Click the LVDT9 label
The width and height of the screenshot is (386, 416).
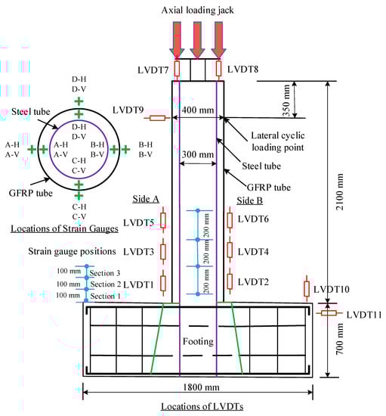(128, 110)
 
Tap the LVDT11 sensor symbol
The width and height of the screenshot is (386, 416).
(329, 313)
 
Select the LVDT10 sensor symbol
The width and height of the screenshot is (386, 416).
(307, 288)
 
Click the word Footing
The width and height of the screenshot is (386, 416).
(198, 341)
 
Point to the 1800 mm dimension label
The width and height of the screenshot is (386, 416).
(201, 387)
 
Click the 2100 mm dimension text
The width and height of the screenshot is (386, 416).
(339, 192)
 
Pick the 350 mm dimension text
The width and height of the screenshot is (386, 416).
(286, 101)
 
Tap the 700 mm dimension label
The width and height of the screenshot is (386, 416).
(339, 339)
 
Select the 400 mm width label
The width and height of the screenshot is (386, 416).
(198, 110)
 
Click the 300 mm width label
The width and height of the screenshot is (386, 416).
(198, 154)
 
